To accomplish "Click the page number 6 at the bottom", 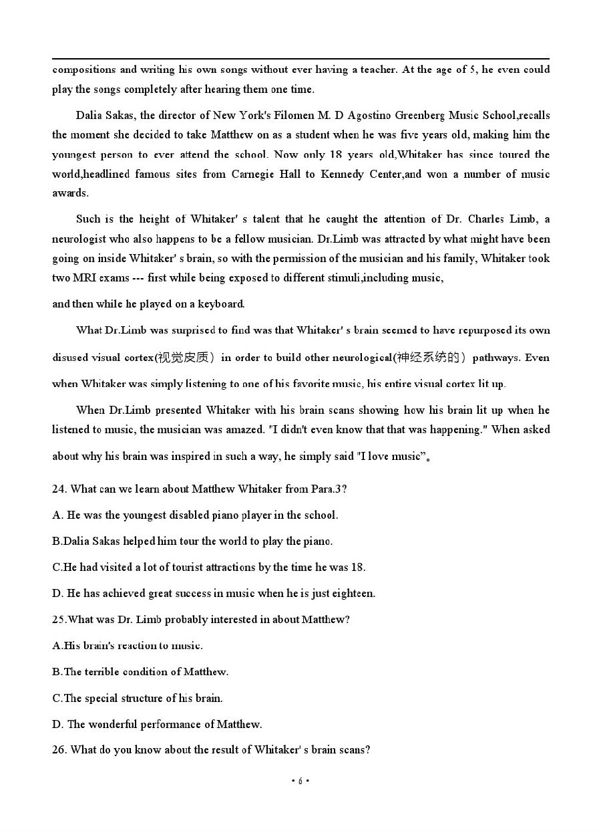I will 300,781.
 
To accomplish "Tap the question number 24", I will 59,489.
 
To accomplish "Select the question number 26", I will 59,749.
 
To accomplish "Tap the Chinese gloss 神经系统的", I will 427,358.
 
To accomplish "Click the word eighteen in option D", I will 351,593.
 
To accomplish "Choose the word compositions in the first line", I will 85,69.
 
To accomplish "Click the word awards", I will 69,193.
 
